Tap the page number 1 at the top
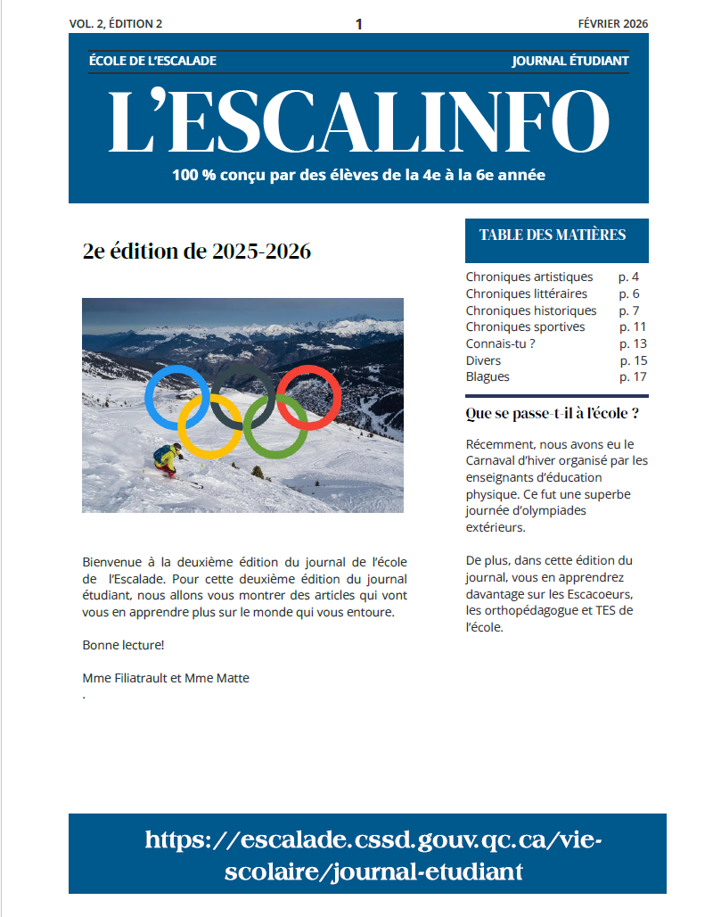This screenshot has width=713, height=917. (358, 24)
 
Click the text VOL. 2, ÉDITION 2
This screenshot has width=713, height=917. (116, 24)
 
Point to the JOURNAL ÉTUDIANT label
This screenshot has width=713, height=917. (570, 61)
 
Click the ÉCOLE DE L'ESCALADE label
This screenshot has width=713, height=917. (153, 61)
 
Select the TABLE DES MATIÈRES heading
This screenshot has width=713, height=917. (553, 235)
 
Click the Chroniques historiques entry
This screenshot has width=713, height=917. (531, 310)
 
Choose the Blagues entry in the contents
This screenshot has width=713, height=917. (488, 376)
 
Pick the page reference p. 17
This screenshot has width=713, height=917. (633, 376)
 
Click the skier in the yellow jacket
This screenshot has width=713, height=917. (167, 458)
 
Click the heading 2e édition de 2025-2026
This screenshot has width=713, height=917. (196, 252)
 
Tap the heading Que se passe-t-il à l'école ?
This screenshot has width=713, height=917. (553, 414)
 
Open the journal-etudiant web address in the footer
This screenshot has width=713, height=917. (367, 855)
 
